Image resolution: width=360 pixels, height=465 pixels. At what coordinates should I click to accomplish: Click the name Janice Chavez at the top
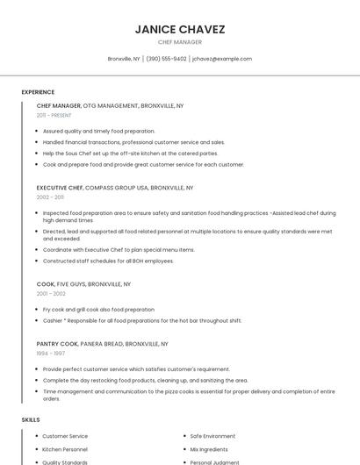click(x=180, y=29)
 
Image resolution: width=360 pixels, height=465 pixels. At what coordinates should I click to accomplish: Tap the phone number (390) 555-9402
click(x=166, y=59)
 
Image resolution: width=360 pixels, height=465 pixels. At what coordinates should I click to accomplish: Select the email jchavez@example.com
click(x=222, y=59)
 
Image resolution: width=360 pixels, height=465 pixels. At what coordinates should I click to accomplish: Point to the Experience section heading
click(x=38, y=92)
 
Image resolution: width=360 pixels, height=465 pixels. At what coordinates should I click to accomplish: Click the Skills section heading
click(x=31, y=420)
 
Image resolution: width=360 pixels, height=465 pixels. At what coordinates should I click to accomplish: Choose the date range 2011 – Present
click(x=54, y=115)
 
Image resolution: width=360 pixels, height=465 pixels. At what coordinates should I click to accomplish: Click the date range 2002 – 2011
click(x=50, y=197)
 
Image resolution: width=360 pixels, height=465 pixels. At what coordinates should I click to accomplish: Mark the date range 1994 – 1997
click(x=50, y=354)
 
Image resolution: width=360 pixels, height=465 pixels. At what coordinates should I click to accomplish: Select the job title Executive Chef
click(x=60, y=188)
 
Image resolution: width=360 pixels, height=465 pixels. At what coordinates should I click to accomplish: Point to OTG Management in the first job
click(x=111, y=105)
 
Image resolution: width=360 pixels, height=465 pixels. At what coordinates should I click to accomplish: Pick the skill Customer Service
click(x=65, y=436)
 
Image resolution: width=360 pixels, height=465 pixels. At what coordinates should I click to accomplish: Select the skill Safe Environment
click(x=212, y=436)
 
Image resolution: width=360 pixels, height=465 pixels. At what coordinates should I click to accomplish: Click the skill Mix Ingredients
click(x=209, y=449)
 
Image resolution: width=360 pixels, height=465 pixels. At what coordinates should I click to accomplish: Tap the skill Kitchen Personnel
click(x=65, y=449)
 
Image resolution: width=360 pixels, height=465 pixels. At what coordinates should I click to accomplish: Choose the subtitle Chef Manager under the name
click(x=180, y=42)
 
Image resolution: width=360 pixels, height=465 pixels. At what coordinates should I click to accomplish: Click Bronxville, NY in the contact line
click(x=124, y=59)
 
